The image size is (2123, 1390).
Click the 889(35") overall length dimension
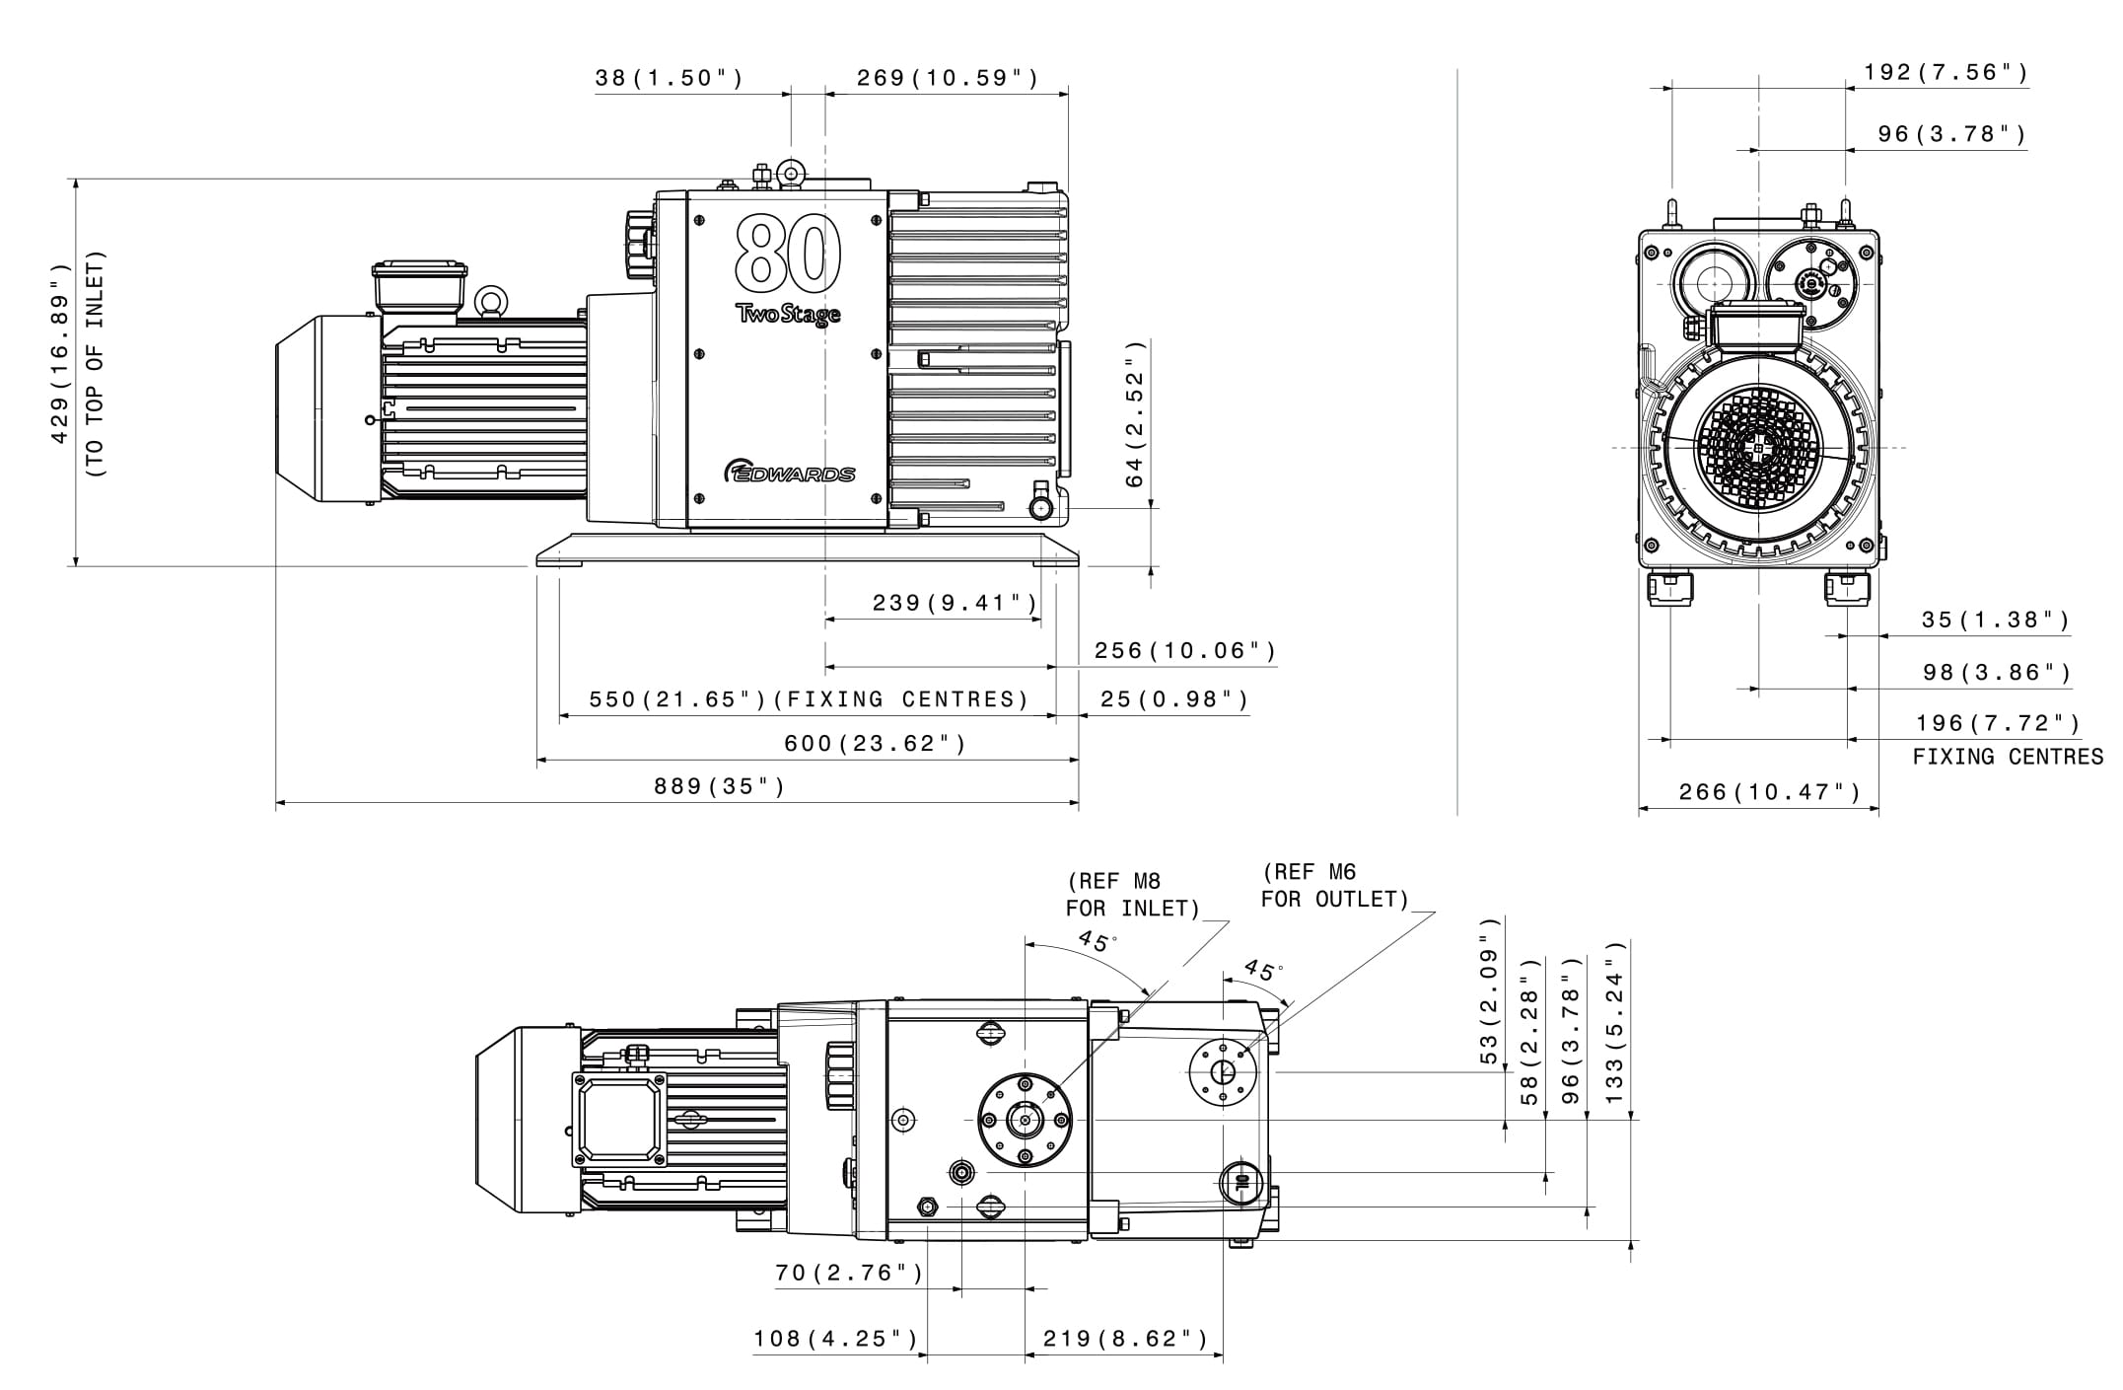[x=719, y=786]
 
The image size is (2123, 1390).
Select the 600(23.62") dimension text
[x=875, y=743]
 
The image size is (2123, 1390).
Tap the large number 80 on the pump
[x=788, y=253]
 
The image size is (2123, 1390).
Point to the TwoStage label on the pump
[x=788, y=315]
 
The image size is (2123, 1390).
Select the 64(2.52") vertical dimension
[x=1136, y=414]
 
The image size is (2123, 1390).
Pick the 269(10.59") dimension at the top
[x=947, y=78]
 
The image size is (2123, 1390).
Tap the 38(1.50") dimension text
[x=669, y=78]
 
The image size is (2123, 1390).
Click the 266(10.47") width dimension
[x=1770, y=791]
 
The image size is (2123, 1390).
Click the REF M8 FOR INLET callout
[x=1132, y=895]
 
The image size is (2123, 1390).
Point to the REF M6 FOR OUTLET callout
[x=1334, y=885]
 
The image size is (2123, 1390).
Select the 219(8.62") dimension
[x=1125, y=1338]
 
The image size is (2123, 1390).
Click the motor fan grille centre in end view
[x=1759, y=448]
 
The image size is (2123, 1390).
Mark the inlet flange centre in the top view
[x=1026, y=1120]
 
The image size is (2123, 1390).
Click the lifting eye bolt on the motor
[x=490, y=300]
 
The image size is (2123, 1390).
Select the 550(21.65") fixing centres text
[x=809, y=699]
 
